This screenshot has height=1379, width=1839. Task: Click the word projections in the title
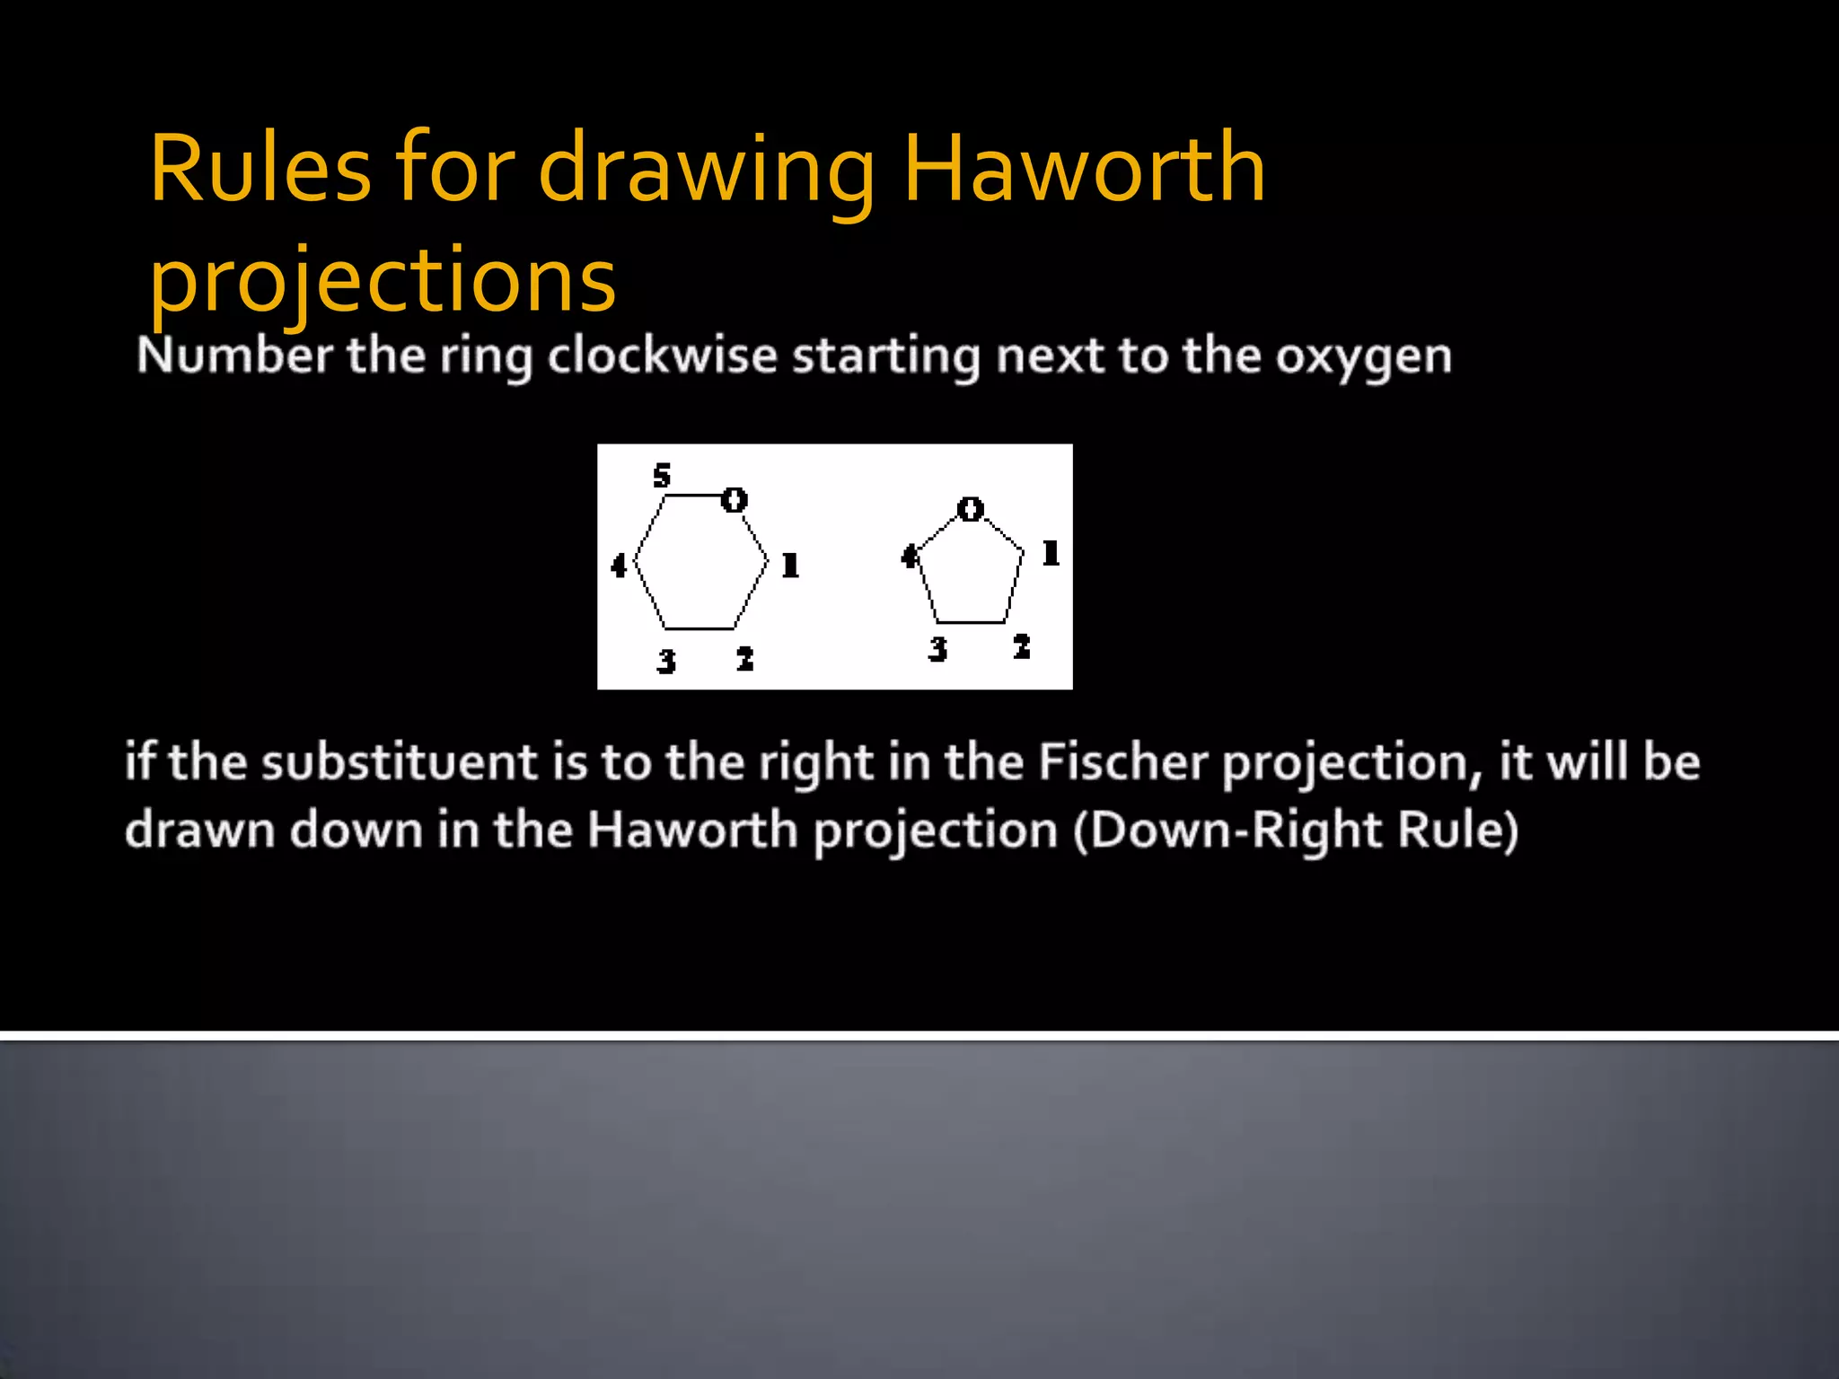383,280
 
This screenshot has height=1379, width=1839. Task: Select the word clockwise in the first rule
662,356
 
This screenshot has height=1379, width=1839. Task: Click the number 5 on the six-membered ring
662,475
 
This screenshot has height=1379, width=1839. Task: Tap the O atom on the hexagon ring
735,499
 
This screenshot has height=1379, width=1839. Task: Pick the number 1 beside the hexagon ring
790,565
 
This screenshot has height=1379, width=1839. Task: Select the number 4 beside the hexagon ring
619,566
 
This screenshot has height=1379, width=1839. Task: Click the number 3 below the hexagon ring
665,661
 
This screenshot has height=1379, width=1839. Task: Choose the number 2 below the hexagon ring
744,659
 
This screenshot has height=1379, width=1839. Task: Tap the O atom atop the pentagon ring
970,509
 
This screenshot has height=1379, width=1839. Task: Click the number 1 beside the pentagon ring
1051,552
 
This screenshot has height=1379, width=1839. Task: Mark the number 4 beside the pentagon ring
910,557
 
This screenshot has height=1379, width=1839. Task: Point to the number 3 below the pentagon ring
937,648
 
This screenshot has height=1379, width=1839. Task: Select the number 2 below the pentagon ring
1021,646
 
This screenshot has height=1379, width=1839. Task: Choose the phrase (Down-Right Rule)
1295,830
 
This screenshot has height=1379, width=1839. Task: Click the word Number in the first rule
234,356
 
